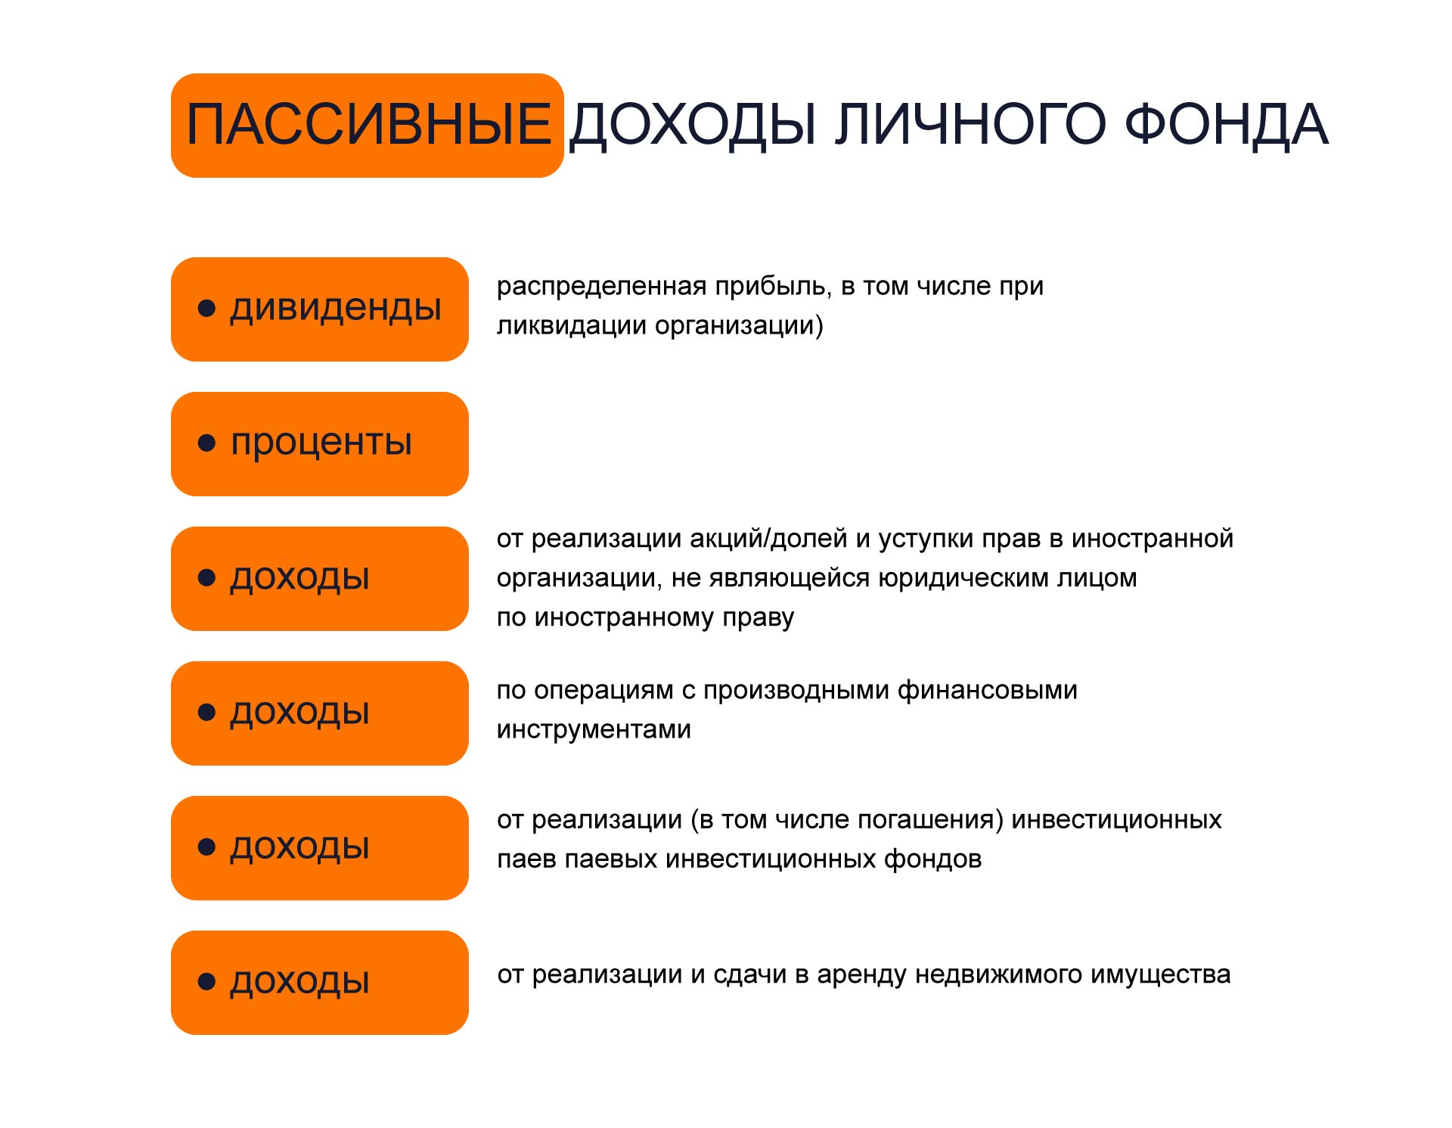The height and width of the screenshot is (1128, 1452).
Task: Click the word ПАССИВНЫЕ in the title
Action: (x=368, y=125)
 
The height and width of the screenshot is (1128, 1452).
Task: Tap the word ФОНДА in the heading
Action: (x=1226, y=125)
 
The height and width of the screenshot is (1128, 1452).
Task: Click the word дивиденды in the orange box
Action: (x=336, y=309)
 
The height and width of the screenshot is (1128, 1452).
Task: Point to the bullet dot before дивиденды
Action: (x=206, y=309)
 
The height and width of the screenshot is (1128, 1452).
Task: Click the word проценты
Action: (x=321, y=443)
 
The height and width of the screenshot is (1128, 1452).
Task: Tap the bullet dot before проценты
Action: (x=206, y=443)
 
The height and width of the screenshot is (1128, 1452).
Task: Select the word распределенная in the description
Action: (x=601, y=287)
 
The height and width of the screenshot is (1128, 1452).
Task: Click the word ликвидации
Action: (x=571, y=326)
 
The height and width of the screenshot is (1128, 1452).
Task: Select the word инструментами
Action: (x=594, y=729)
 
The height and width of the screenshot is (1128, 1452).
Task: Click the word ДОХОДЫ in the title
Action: (x=692, y=125)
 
